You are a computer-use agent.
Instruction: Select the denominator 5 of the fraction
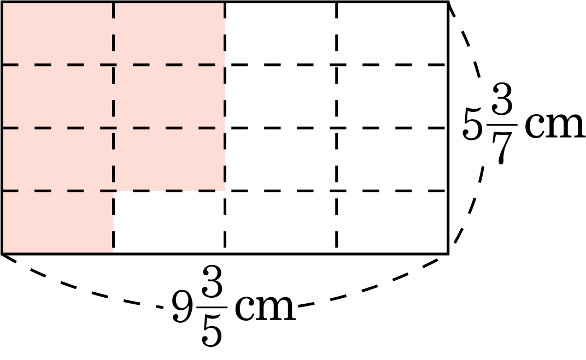(x=213, y=331)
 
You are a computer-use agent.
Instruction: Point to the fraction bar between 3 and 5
(x=213, y=308)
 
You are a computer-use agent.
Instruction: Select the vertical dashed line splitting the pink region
(x=114, y=158)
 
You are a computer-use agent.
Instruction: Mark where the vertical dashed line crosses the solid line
(x=114, y=254)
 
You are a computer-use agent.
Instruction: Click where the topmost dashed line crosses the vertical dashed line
(x=114, y=64)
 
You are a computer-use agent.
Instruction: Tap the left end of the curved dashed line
(x=4, y=256)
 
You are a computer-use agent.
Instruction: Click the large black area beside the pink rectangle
(x=405, y=180)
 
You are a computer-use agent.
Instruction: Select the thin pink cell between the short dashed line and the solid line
(x=169, y=243)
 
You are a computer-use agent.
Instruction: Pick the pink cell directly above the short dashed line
(x=169, y=211)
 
